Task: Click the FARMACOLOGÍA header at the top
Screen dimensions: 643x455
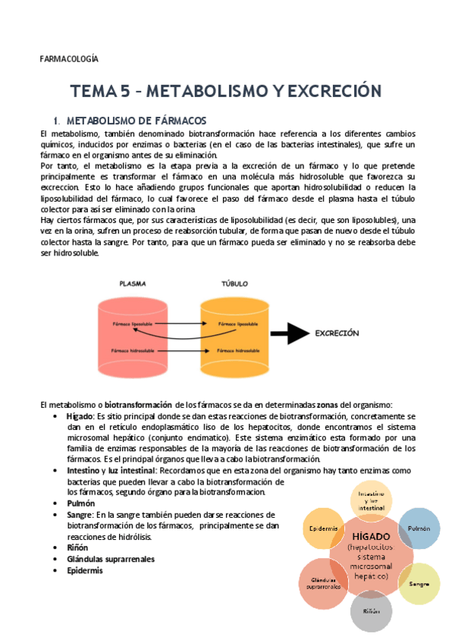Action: (68, 58)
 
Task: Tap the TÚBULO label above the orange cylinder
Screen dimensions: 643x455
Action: (234, 284)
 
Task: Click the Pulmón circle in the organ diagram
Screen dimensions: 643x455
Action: (419, 528)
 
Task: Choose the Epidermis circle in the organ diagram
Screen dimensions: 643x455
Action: (323, 528)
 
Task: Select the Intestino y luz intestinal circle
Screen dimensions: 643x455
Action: (371, 500)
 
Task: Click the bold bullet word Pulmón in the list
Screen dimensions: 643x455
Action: (81, 503)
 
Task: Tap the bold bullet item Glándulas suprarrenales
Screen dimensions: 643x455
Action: (111, 559)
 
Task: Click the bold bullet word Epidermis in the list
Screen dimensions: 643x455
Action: (85, 571)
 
